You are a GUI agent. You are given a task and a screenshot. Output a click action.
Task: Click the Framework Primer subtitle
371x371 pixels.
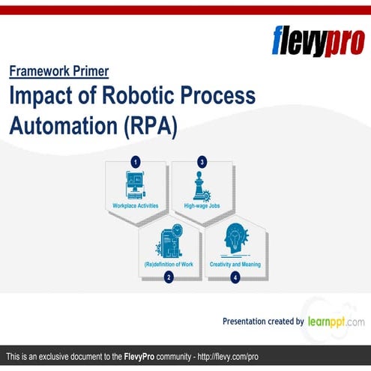coord(59,72)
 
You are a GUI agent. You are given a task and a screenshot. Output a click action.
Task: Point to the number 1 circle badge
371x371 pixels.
coord(136,161)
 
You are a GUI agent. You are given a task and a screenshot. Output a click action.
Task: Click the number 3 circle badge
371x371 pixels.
coord(202,161)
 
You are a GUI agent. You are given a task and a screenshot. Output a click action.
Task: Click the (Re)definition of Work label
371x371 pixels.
coord(169,264)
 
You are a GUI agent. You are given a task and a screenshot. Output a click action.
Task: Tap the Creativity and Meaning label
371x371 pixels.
coord(235,264)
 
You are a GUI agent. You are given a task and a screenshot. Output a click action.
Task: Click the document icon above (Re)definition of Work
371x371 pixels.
coord(168,241)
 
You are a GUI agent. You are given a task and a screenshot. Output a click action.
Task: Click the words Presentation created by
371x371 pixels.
coord(262,322)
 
